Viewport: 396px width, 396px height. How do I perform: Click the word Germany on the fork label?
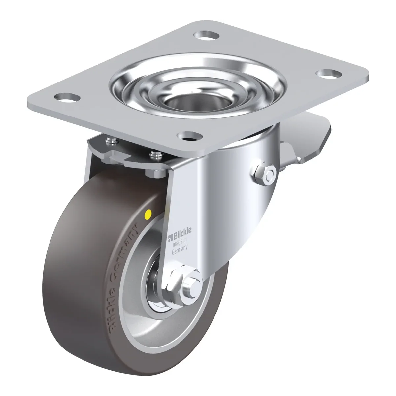180,250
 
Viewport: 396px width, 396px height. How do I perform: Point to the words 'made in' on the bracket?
180,242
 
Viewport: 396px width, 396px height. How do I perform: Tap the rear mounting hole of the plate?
207,35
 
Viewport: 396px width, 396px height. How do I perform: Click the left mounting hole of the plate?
67,97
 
